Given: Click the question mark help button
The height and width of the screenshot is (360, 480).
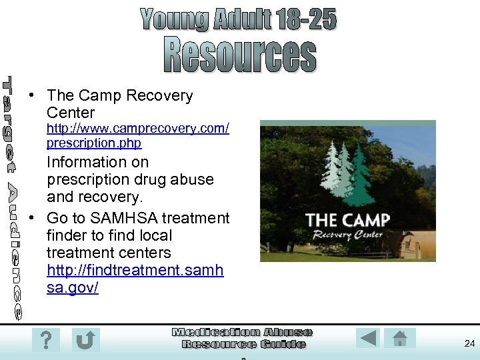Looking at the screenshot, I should pyautogui.click(x=45, y=340).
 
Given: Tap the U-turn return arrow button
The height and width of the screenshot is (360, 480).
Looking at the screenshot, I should pyautogui.click(x=86, y=340).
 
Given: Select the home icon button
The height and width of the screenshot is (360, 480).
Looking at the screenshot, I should pyautogui.click(x=400, y=338).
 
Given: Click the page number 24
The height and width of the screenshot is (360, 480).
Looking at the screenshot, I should pyautogui.click(x=469, y=343).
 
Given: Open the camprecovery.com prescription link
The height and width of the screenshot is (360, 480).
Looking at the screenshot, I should pyautogui.click(x=137, y=135).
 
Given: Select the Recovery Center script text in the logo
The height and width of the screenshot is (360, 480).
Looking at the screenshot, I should pyautogui.click(x=347, y=235).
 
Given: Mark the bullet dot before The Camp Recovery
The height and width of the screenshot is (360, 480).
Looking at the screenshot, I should pyautogui.click(x=32, y=96).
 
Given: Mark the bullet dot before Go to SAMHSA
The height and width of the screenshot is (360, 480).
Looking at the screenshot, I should pyautogui.click(x=32, y=219).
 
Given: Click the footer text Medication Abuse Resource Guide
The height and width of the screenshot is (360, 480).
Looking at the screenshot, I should pyautogui.click(x=243, y=338).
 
